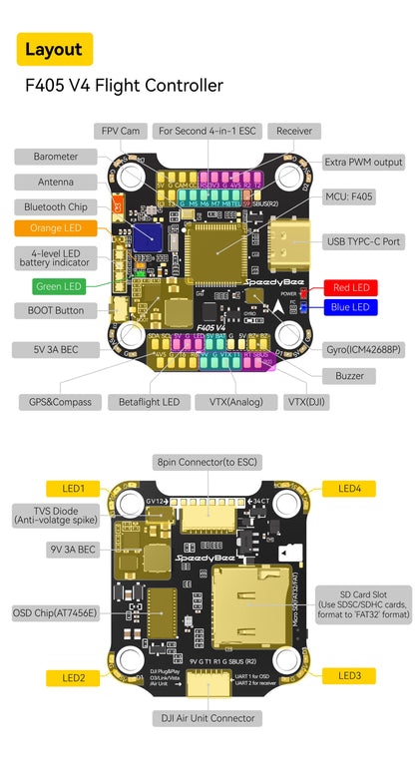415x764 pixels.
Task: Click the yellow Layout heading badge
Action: (x=55, y=49)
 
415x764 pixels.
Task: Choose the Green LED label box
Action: (x=58, y=287)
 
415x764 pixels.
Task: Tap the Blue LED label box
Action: (x=348, y=307)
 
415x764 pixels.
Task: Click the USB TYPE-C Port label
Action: (x=364, y=241)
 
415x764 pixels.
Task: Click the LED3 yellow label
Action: (x=348, y=675)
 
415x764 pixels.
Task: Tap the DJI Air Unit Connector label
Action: (x=207, y=718)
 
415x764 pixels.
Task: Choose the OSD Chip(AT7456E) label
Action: (x=56, y=612)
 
